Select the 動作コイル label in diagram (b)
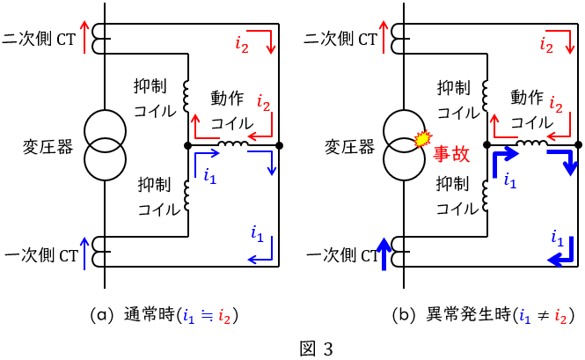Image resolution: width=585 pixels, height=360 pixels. coord(533,109)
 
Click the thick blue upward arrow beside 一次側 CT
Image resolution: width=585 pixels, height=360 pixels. coord(384,254)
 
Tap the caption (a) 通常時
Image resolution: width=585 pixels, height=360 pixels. coord(165,315)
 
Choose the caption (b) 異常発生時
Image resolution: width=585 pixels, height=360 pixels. coord(466,315)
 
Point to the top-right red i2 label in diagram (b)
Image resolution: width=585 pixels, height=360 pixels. coord(546,41)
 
